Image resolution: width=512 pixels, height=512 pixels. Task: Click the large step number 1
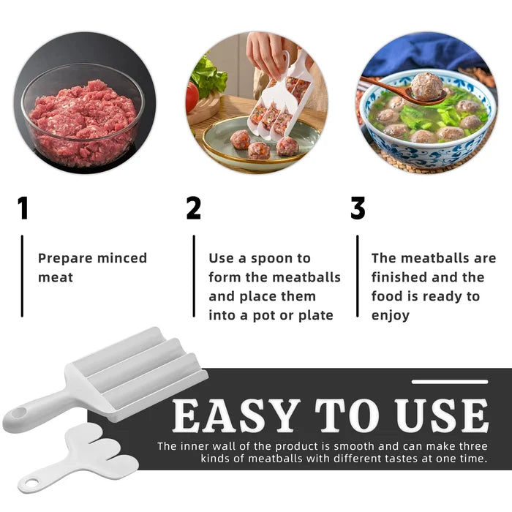tap(23, 208)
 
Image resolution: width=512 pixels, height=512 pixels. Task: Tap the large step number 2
tap(193, 208)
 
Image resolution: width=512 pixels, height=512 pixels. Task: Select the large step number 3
tap(358, 208)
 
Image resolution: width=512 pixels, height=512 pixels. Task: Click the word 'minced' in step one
tap(122, 258)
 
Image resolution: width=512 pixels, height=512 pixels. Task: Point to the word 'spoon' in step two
tap(272, 259)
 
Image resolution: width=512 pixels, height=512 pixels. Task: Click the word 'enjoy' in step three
tap(390, 316)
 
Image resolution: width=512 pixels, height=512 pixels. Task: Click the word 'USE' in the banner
tap(443, 415)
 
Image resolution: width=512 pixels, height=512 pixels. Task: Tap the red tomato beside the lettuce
tap(192, 97)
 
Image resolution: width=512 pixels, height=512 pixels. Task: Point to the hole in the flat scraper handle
tap(32, 482)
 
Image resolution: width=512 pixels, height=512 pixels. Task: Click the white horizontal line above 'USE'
tap(450, 382)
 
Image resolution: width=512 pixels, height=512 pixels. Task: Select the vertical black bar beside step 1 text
tap(22, 276)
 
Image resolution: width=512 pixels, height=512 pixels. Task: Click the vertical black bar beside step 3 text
tap(358, 276)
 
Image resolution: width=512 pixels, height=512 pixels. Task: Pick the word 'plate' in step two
tap(316, 316)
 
